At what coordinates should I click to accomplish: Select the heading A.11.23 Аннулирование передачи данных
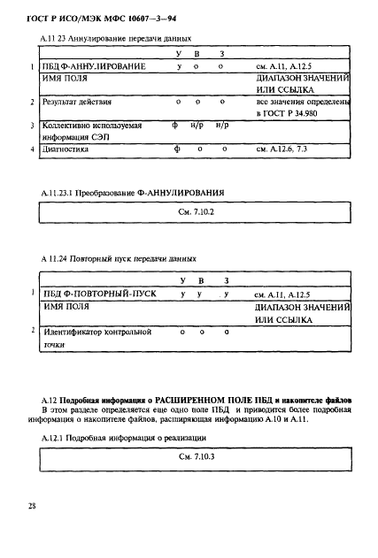click(x=117, y=38)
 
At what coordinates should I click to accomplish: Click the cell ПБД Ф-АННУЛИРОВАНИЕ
click(x=92, y=67)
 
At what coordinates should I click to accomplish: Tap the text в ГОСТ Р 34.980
click(x=288, y=115)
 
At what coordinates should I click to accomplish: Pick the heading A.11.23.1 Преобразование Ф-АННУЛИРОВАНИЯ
click(x=132, y=192)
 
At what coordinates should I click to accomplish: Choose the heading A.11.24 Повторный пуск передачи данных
click(x=119, y=259)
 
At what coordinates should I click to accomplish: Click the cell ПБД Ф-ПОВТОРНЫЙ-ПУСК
click(x=95, y=293)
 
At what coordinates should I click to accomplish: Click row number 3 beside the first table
click(x=32, y=126)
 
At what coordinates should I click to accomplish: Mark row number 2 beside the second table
click(x=32, y=331)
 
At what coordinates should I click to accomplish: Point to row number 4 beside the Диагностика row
click(x=32, y=150)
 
